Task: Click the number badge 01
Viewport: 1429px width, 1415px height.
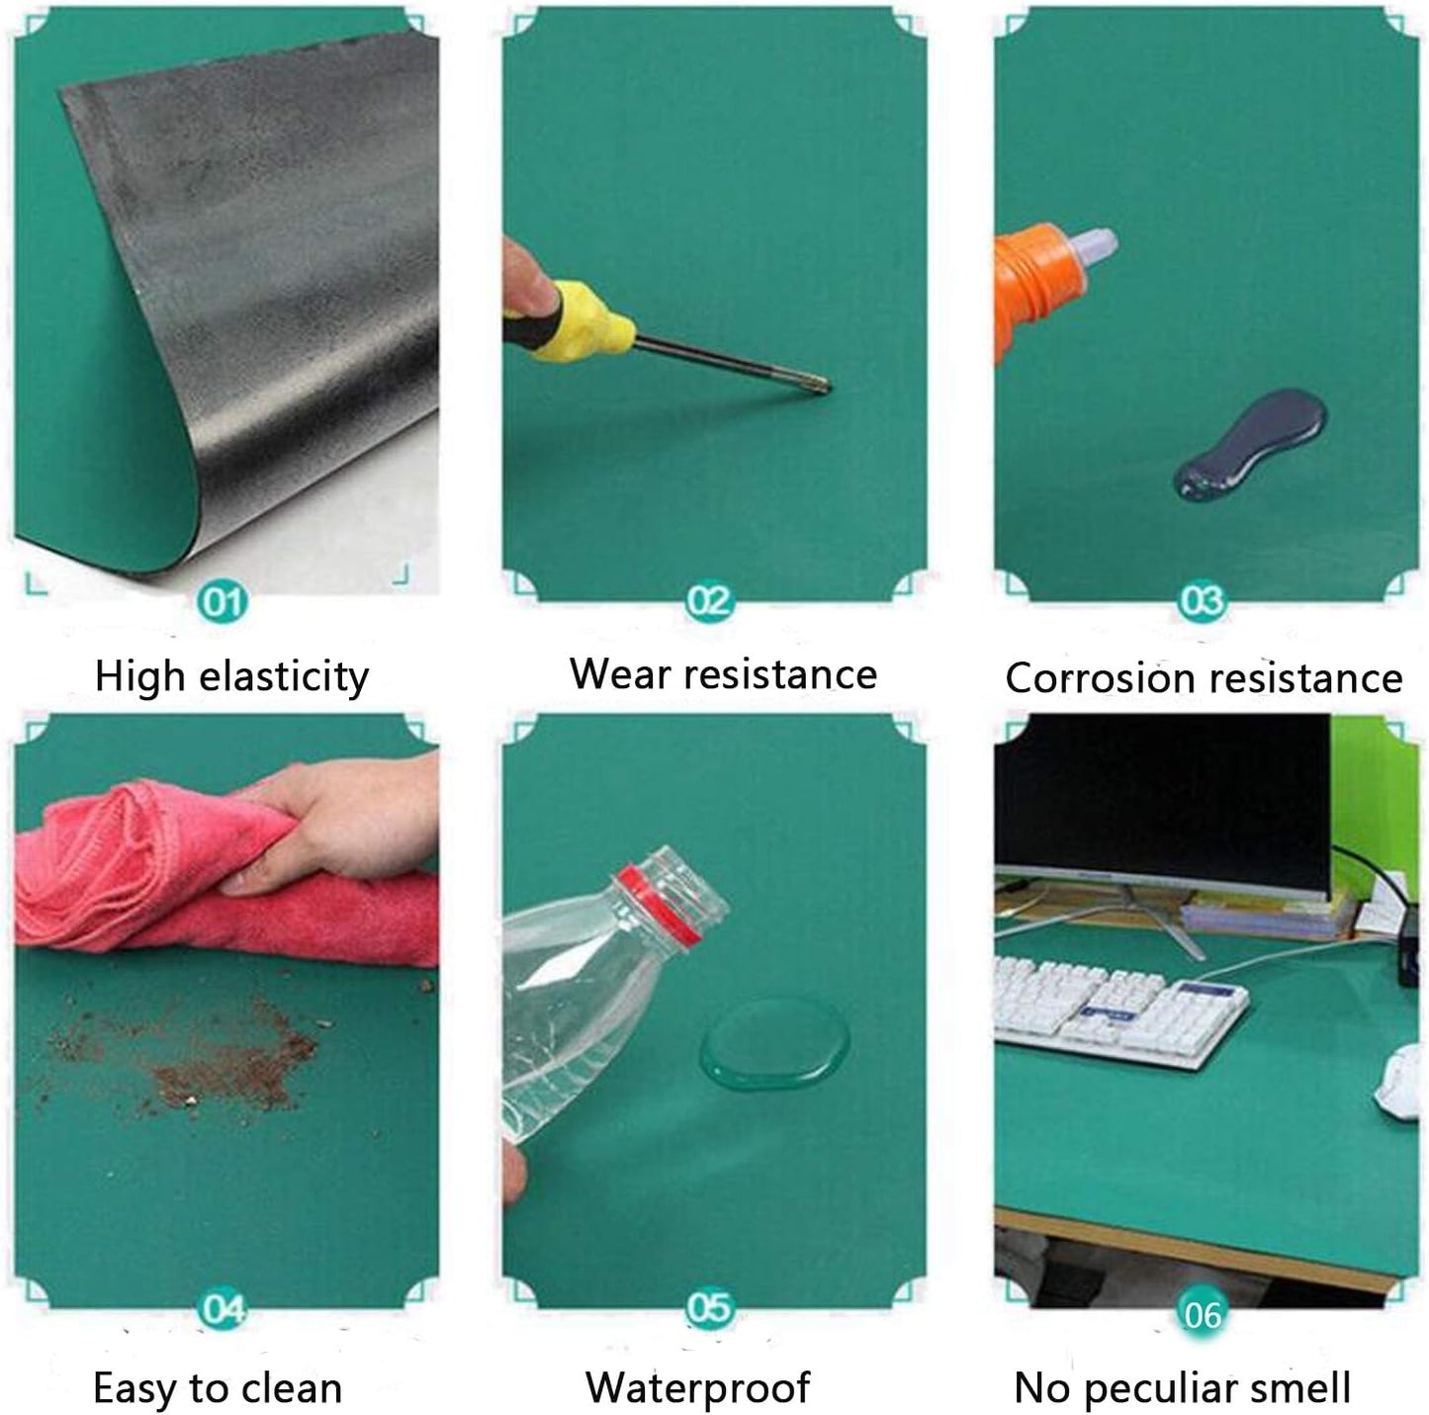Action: click(223, 600)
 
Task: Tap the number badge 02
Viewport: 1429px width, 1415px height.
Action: click(709, 600)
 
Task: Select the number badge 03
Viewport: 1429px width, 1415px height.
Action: click(1202, 600)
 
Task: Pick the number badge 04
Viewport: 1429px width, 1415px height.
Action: click(223, 1309)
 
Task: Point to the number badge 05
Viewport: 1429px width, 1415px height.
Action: click(709, 1308)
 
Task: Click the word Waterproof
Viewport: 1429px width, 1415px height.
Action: click(697, 1387)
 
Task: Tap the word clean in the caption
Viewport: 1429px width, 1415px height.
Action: click(287, 1387)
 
